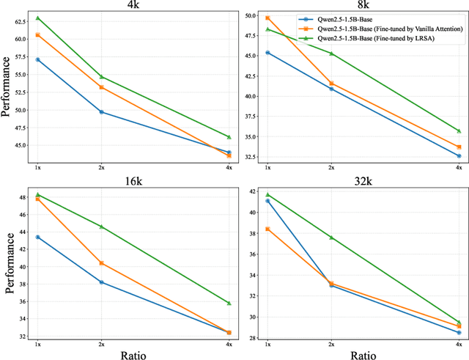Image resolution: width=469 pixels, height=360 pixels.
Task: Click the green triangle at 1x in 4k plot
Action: pyautogui.click(x=37, y=18)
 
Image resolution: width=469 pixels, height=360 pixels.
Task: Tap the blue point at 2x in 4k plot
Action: pyautogui.click(x=101, y=112)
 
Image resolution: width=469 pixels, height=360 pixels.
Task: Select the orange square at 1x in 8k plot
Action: pyautogui.click(x=267, y=18)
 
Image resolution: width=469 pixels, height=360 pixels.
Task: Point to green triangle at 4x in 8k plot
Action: pyautogui.click(x=459, y=131)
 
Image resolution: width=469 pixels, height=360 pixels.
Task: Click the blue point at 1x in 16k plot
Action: pyautogui.click(x=37, y=237)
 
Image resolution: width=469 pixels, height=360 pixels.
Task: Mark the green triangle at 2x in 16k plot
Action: pyautogui.click(x=101, y=227)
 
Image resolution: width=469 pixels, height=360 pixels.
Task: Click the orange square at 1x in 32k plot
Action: pyautogui.click(x=267, y=229)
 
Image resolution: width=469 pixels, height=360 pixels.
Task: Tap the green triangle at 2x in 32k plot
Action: pyautogui.click(x=331, y=238)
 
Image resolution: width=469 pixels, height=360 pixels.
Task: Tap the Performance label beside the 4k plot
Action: pyautogui.click(x=7, y=88)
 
